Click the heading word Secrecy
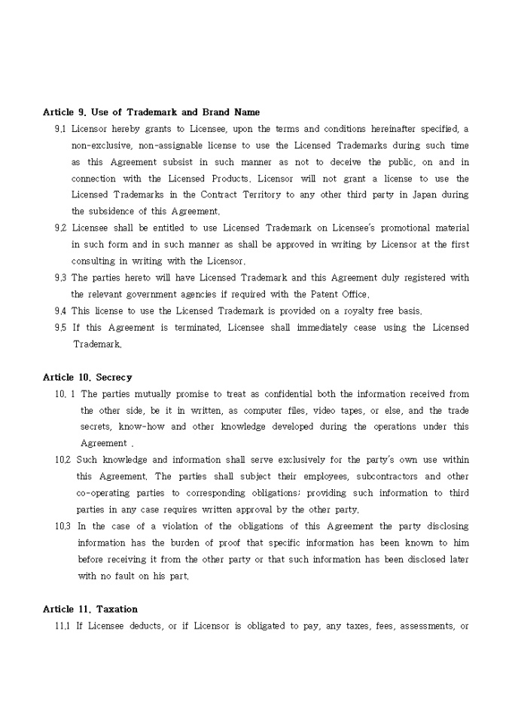[x=114, y=377]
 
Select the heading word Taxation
[x=117, y=609]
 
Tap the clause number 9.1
[x=60, y=129]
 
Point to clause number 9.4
[x=60, y=310]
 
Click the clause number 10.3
[x=62, y=526]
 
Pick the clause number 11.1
[x=62, y=626]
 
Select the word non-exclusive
[x=100, y=145]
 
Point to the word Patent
[x=327, y=294]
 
